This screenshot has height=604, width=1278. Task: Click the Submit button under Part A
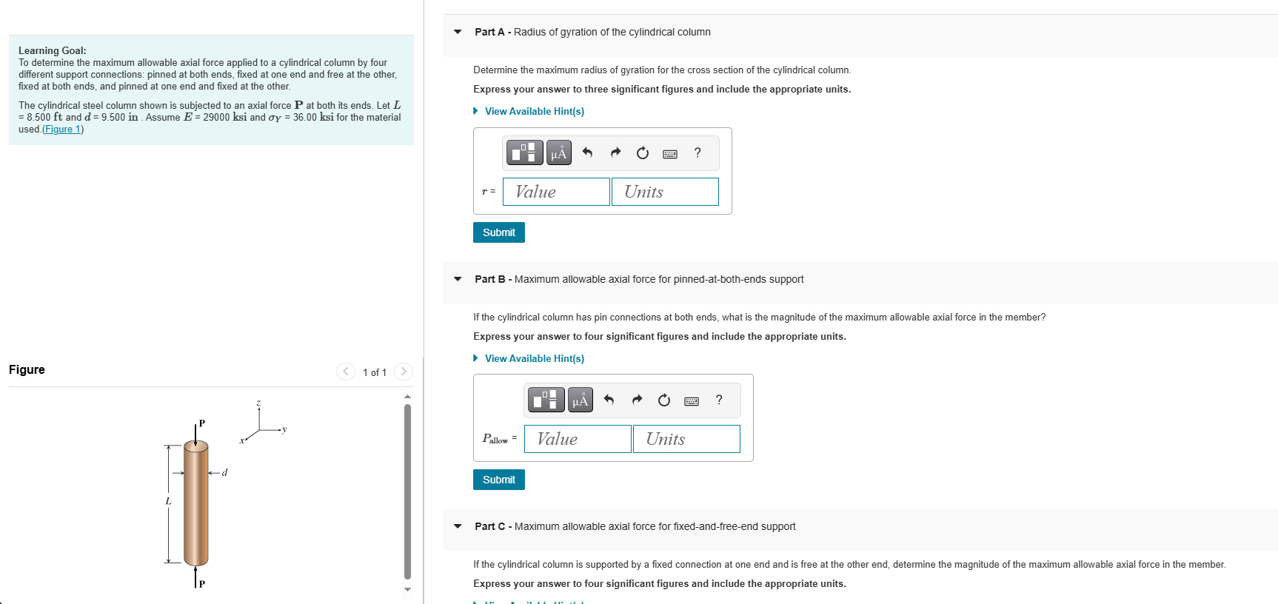[498, 232]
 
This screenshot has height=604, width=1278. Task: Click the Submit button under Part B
[498, 480]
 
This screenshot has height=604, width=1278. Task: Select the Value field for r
[556, 192]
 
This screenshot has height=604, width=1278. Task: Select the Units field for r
[665, 192]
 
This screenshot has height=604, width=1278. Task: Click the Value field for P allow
[578, 439]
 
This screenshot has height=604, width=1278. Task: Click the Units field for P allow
[686, 439]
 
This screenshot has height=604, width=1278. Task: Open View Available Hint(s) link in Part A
[534, 111]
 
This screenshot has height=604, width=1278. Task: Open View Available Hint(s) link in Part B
[534, 358]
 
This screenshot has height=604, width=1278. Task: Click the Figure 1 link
[63, 130]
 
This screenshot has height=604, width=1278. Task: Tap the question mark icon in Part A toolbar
[697, 152]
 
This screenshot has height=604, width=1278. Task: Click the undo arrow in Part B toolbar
[609, 400]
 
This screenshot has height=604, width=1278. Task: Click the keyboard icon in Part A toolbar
[670, 153]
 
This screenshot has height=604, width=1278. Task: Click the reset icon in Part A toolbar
[643, 153]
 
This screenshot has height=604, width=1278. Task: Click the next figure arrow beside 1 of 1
[404, 372]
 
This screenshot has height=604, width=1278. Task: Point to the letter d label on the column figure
[225, 472]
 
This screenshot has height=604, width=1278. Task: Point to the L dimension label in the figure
[168, 501]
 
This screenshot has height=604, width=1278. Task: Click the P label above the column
[202, 423]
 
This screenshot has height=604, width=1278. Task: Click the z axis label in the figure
[258, 403]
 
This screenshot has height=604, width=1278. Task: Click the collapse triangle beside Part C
[458, 526]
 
